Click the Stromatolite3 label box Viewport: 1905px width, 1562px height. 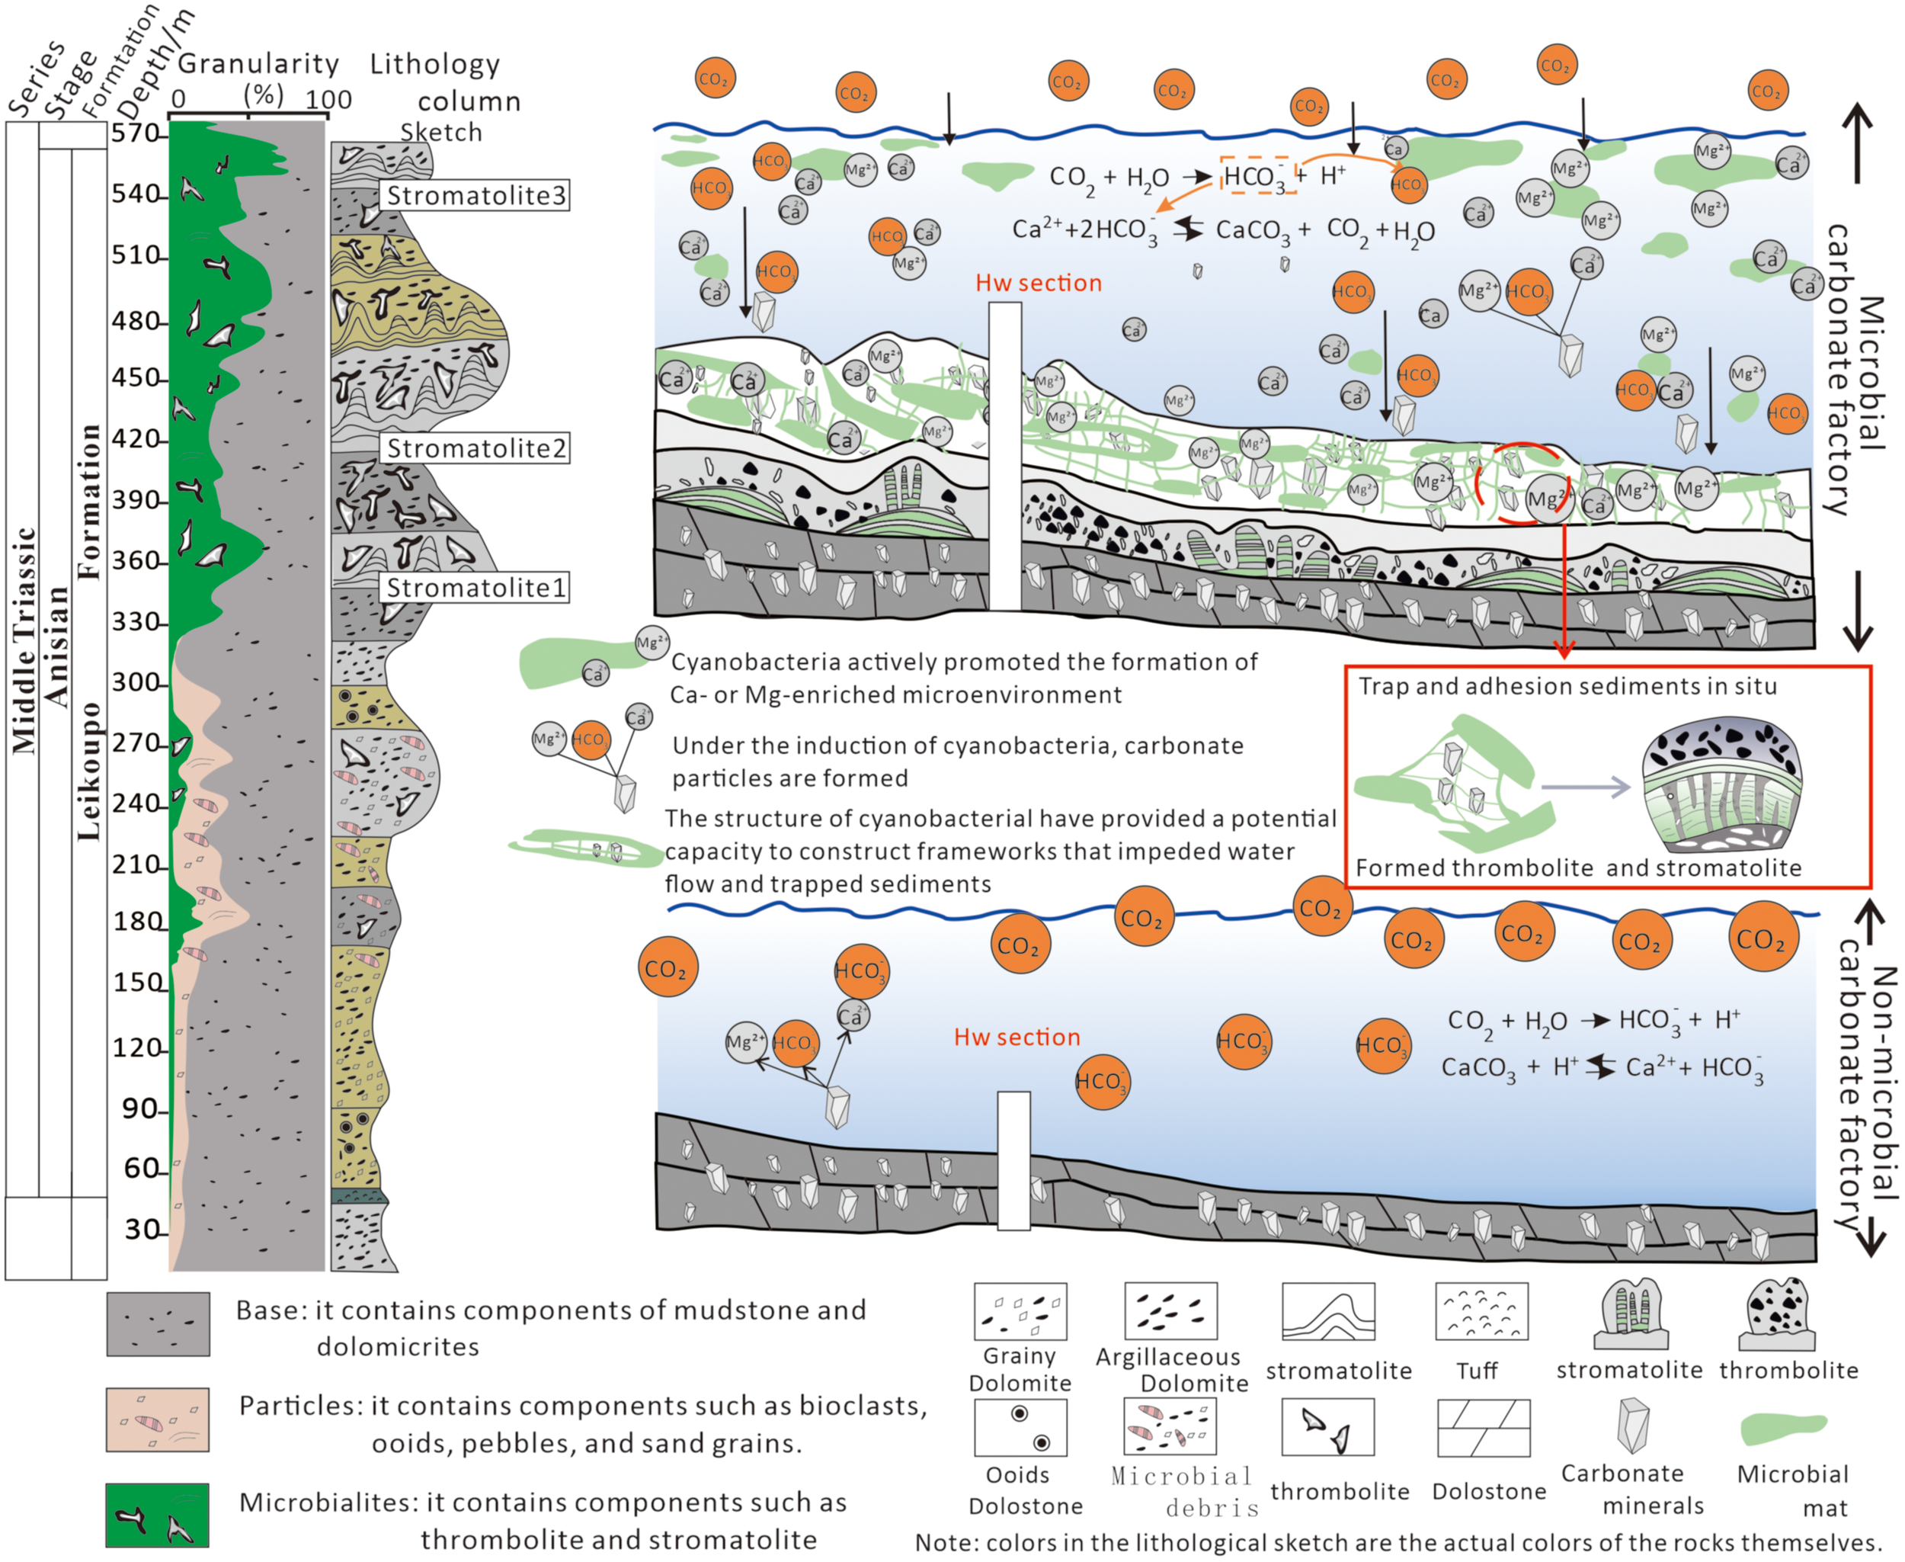coord(475,195)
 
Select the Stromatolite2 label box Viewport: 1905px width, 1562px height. coord(475,448)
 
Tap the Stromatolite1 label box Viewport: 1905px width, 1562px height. coord(475,588)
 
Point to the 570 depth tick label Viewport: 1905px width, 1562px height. coord(135,133)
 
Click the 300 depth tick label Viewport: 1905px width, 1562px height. coord(135,682)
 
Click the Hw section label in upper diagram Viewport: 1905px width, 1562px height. coord(1038,283)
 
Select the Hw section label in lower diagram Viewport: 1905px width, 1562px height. coord(1017,1037)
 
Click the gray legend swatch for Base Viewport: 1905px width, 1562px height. coord(158,1324)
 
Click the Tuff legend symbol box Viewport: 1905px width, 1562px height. coord(1481,1311)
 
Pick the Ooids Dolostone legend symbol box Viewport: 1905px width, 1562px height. coord(1020,1427)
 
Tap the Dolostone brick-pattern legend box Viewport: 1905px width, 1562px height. coord(1483,1428)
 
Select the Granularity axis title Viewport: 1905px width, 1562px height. coord(258,64)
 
